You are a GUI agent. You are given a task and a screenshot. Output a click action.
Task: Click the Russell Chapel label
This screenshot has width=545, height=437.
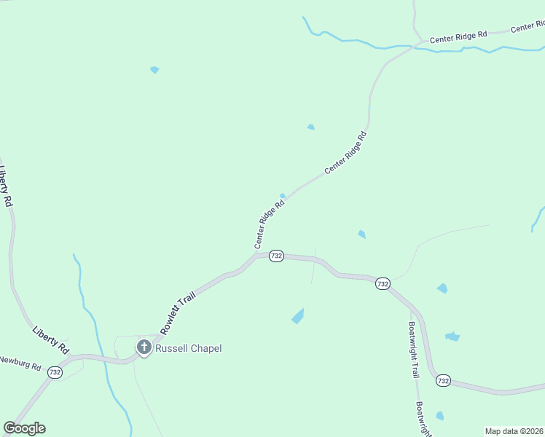click(189, 348)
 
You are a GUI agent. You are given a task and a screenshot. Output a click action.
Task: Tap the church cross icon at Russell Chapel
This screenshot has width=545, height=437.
click(144, 347)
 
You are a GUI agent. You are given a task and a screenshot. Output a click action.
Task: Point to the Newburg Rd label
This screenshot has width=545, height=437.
click(20, 361)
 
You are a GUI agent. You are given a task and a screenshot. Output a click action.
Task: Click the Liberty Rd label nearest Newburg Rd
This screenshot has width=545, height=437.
click(50, 339)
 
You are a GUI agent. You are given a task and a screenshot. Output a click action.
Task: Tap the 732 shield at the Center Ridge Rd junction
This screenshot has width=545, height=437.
click(276, 256)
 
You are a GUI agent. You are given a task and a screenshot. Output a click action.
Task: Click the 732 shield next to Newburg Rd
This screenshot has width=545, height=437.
click(55, 371)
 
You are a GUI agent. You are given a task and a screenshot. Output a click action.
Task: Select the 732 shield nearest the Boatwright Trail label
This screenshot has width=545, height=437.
click(444, 380)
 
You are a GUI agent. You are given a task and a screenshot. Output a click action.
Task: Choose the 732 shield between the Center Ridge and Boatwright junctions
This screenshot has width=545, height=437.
click(383, 283)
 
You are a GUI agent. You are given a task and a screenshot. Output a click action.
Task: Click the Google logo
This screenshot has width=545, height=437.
click(25, 428)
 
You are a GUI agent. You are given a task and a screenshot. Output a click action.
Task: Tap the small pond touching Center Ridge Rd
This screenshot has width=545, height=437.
click(283, 195)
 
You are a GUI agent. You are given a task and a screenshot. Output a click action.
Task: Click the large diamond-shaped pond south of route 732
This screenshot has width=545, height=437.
click(298, 316)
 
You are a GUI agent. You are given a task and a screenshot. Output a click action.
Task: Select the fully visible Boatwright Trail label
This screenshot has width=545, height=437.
click(414, 350)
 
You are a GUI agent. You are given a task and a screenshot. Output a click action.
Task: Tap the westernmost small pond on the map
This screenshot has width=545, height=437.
click(154, 70)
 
